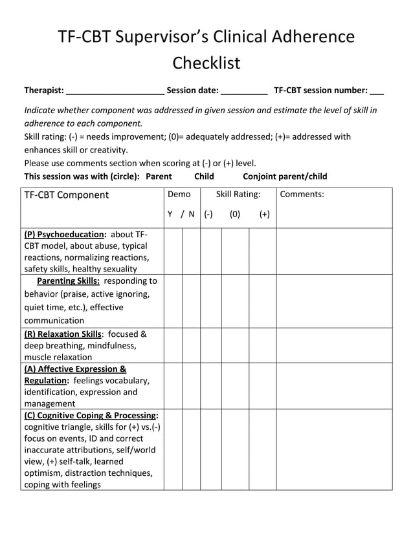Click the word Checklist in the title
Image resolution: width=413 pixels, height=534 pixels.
(x=206, y=63)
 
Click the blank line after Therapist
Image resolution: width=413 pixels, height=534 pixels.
(x=115, y=91)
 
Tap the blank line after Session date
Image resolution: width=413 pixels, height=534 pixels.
(x=244, y=91)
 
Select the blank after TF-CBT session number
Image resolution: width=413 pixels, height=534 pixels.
(x=377, y=91)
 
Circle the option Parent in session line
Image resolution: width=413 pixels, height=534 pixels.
(x=159, y=176)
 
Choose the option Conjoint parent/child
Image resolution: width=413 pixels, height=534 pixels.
(x=285, y=176)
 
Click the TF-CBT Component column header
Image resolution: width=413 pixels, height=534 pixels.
(x=67, y=195)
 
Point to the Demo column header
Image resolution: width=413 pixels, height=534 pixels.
(x=179, y=194)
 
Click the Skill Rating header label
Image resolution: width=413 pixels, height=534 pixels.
(x=238, y=194)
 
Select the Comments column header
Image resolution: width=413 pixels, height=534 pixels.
(x=302, y=194)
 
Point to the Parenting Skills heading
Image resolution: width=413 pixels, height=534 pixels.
(x=69, y=281)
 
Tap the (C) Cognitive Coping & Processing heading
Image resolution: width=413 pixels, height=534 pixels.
(x=91, y=415)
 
